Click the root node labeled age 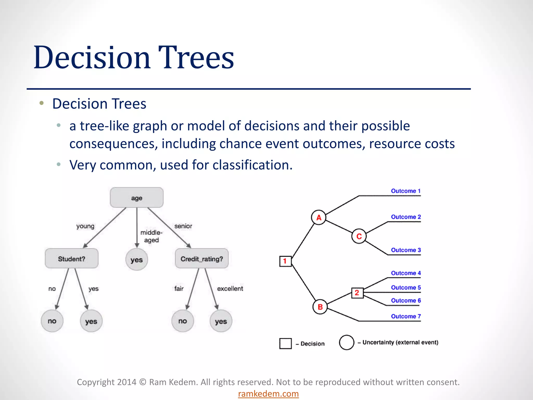137,198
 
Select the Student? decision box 72,259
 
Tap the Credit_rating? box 202,259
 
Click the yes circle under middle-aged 137,260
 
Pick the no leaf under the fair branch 183,321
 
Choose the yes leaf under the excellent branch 221,321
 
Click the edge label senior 183,226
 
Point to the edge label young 85,226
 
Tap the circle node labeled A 319,217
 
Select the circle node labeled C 359,236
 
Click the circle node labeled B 320,307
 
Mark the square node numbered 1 285,261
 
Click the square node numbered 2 357,293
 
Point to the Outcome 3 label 405,250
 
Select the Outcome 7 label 405,316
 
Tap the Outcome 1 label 405,191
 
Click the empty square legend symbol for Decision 285,343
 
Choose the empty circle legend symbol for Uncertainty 347,342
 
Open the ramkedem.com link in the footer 268,393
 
